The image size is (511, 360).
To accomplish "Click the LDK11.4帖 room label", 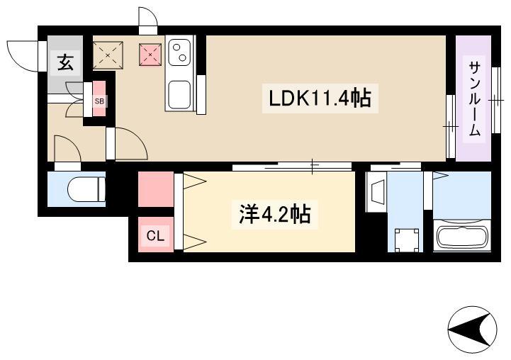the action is click(320, 99).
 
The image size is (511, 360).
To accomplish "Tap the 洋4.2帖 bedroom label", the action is click(274, 215).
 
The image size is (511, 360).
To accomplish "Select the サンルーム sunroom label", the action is click(475, 99).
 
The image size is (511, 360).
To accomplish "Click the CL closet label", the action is click(155, 235).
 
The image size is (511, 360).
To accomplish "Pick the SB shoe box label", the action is click(99, 101).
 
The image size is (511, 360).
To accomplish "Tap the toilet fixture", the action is click(86, 189).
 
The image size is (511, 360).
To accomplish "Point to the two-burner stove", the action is click(179, 52).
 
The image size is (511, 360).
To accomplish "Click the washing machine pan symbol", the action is click(406, 240).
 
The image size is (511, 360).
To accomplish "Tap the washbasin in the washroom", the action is click(376, 193).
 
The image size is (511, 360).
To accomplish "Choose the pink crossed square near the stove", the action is click(150, 55).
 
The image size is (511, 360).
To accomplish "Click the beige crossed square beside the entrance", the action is click(108, 55).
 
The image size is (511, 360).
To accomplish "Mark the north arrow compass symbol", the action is click(472, 330).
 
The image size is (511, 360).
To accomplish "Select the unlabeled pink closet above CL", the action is click(156, 189).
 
